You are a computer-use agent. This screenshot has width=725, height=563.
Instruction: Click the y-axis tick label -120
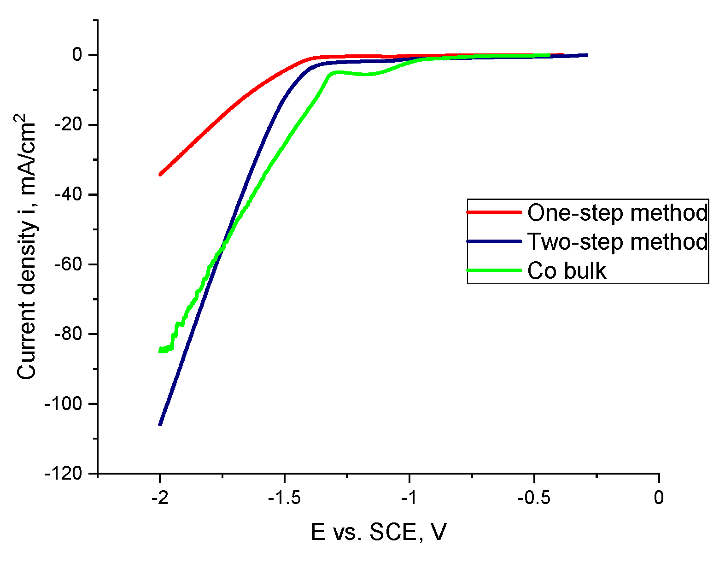63,473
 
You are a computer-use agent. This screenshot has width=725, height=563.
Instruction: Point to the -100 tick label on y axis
63,404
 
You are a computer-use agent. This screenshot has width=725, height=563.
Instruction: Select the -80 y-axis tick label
68,334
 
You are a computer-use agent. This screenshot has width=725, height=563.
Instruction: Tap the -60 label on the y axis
68,264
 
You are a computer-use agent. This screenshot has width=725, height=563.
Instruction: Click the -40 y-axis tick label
68,194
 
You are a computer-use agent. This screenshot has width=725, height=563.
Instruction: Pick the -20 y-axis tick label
68,125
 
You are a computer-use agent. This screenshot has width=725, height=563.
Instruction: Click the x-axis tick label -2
160,498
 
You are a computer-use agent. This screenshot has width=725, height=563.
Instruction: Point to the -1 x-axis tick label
409,498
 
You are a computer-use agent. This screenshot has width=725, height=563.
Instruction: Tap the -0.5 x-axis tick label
533,498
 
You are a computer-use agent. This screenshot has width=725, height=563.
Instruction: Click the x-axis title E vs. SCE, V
379,532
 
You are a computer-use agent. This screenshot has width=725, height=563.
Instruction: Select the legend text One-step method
617,213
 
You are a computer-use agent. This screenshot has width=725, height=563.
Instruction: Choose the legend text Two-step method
617,241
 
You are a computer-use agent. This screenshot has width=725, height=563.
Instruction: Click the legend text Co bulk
567,271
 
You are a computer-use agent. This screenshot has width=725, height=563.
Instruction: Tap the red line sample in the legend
494,212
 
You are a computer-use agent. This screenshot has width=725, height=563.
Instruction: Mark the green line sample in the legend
494,270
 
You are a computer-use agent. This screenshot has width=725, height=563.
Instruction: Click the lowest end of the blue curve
160,424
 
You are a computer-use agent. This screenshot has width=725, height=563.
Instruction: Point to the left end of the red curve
160,174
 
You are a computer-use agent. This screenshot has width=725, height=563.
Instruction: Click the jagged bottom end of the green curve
162,350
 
